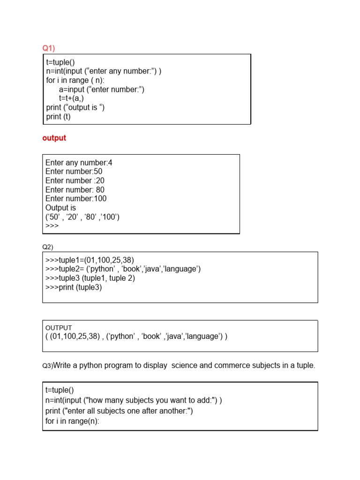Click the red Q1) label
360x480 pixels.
click(x=49, y=48)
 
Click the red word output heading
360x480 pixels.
click(x=54, y=138)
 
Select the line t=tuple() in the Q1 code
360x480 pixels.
click(x=60, y=62)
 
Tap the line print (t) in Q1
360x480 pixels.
click(x=59, y=117)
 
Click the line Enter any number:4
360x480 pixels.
click(x=79, y=163)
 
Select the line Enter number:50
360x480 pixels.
click(x=74, y=172)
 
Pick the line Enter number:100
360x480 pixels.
click(x=76, y=198)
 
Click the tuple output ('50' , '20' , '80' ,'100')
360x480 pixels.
click(x=82, y=217)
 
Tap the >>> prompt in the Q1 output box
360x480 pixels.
click(x=52, y=225)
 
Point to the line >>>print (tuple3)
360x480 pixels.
click(x=74, y=287)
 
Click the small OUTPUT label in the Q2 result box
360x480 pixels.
click(x=59, y=328)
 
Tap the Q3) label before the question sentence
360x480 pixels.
click(x=47, y=366)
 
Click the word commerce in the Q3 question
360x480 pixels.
click(x=231, y=365)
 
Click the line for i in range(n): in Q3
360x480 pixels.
click(x=73, y=421)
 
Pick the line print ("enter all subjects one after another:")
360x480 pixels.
click(x=119, y=411)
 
